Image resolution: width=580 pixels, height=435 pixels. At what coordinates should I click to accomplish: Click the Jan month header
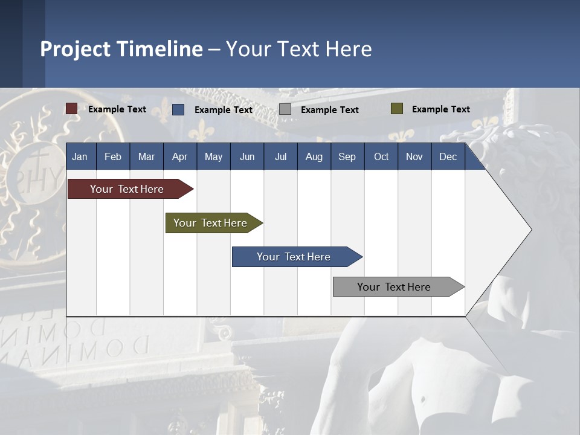(x=80, y=156)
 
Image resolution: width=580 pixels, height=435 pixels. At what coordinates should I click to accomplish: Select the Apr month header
(x=179, y=156)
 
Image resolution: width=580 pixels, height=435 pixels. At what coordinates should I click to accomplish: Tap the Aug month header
(x=314, y=156)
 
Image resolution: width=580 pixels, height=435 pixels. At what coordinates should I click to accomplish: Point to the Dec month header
(x=448, y=156)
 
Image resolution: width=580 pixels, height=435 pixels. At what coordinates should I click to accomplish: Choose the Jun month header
(x=246, y=156)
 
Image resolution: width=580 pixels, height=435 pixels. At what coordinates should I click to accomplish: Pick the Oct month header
(x=381, y=156)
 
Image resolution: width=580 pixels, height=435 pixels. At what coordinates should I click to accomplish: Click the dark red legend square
(x=71, y=109)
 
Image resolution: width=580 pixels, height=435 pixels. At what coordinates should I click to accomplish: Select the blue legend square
(x=178, y=109)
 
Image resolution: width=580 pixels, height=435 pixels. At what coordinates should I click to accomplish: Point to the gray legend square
(x=285, y=109)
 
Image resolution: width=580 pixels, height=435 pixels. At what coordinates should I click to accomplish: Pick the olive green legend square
(x=396, y=109)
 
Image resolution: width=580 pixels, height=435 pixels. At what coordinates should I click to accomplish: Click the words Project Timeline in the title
(x=121, y=49)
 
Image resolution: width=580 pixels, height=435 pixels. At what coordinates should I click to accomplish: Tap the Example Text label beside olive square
(x=440, y=109)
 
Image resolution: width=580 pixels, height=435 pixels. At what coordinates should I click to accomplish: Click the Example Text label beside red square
(x=117, y=109)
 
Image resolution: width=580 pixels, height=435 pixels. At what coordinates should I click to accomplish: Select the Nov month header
(x=414, y=156)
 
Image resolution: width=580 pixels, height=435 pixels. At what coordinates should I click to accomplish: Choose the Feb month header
(x=112, y=156)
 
